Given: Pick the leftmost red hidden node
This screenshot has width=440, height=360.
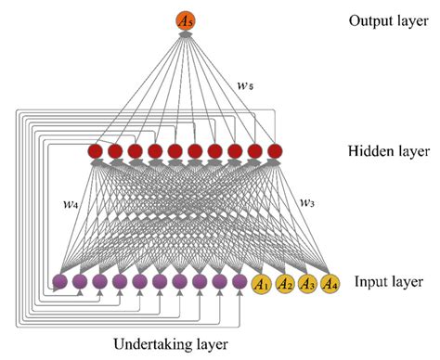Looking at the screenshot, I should click(x=95, y=150).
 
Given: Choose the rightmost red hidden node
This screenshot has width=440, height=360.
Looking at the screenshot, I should click(x=273, y=150).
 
